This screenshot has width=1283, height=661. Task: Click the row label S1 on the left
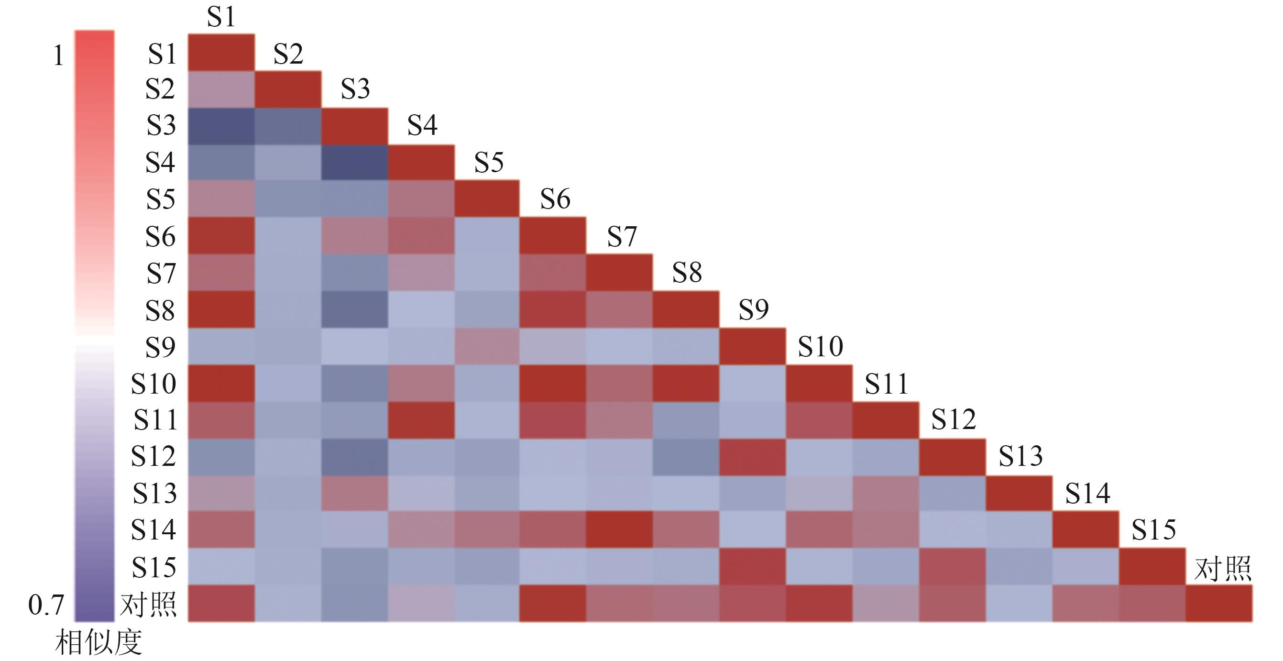[x=162, y=53]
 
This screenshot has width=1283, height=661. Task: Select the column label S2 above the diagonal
[x=288, y=53]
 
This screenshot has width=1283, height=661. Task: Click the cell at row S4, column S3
[x=355, y=163]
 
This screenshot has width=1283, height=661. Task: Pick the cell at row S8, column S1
[x=221, y=310]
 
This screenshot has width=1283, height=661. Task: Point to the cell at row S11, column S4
[x=421, y=420]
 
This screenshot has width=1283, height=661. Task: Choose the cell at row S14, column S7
[x=619, y=529]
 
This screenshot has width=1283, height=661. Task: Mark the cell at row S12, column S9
[x=753, y=457]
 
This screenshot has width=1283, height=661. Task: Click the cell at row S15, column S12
[x=952, y=566]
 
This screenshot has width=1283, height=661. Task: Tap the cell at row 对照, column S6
[x=552, y=603]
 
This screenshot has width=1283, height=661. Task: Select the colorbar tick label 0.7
[x=46, y=605]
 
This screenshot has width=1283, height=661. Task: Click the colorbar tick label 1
[x=58, y=55]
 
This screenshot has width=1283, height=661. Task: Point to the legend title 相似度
[x=98, y=642]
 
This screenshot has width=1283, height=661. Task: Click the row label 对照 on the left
[x=148, y=604]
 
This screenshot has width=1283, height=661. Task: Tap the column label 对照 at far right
[x=1223, y=568]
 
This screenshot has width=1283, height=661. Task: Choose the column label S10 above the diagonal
[x=820, y=346]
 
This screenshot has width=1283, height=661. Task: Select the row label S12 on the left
[x=154, y=456]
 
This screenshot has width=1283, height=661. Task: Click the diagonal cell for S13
[x=1019, y=494]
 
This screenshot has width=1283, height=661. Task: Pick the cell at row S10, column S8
[x=686, y=384]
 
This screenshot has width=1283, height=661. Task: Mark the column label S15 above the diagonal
[x=1153, y=529]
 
